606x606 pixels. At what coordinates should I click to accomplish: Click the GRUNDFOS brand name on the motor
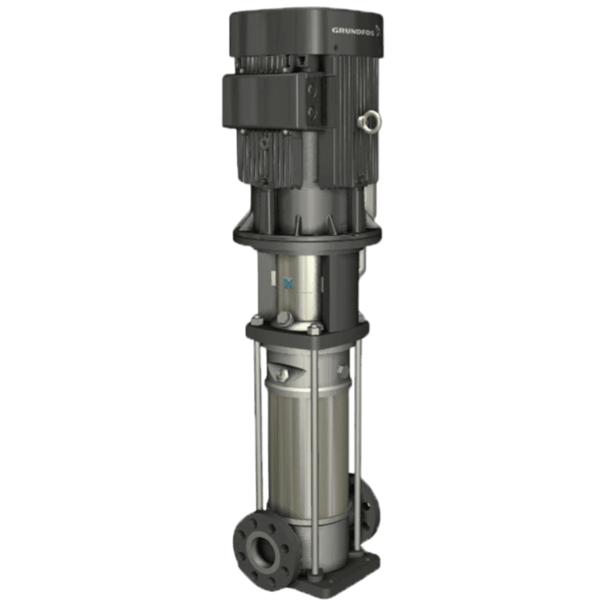[353, 31]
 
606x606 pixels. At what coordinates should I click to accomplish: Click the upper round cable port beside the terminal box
[312, 92]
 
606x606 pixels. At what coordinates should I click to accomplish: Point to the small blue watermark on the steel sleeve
[288, 283]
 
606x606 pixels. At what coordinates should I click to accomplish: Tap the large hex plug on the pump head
[285, 319]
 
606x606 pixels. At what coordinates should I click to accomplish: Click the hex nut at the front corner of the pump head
[314, 329]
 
